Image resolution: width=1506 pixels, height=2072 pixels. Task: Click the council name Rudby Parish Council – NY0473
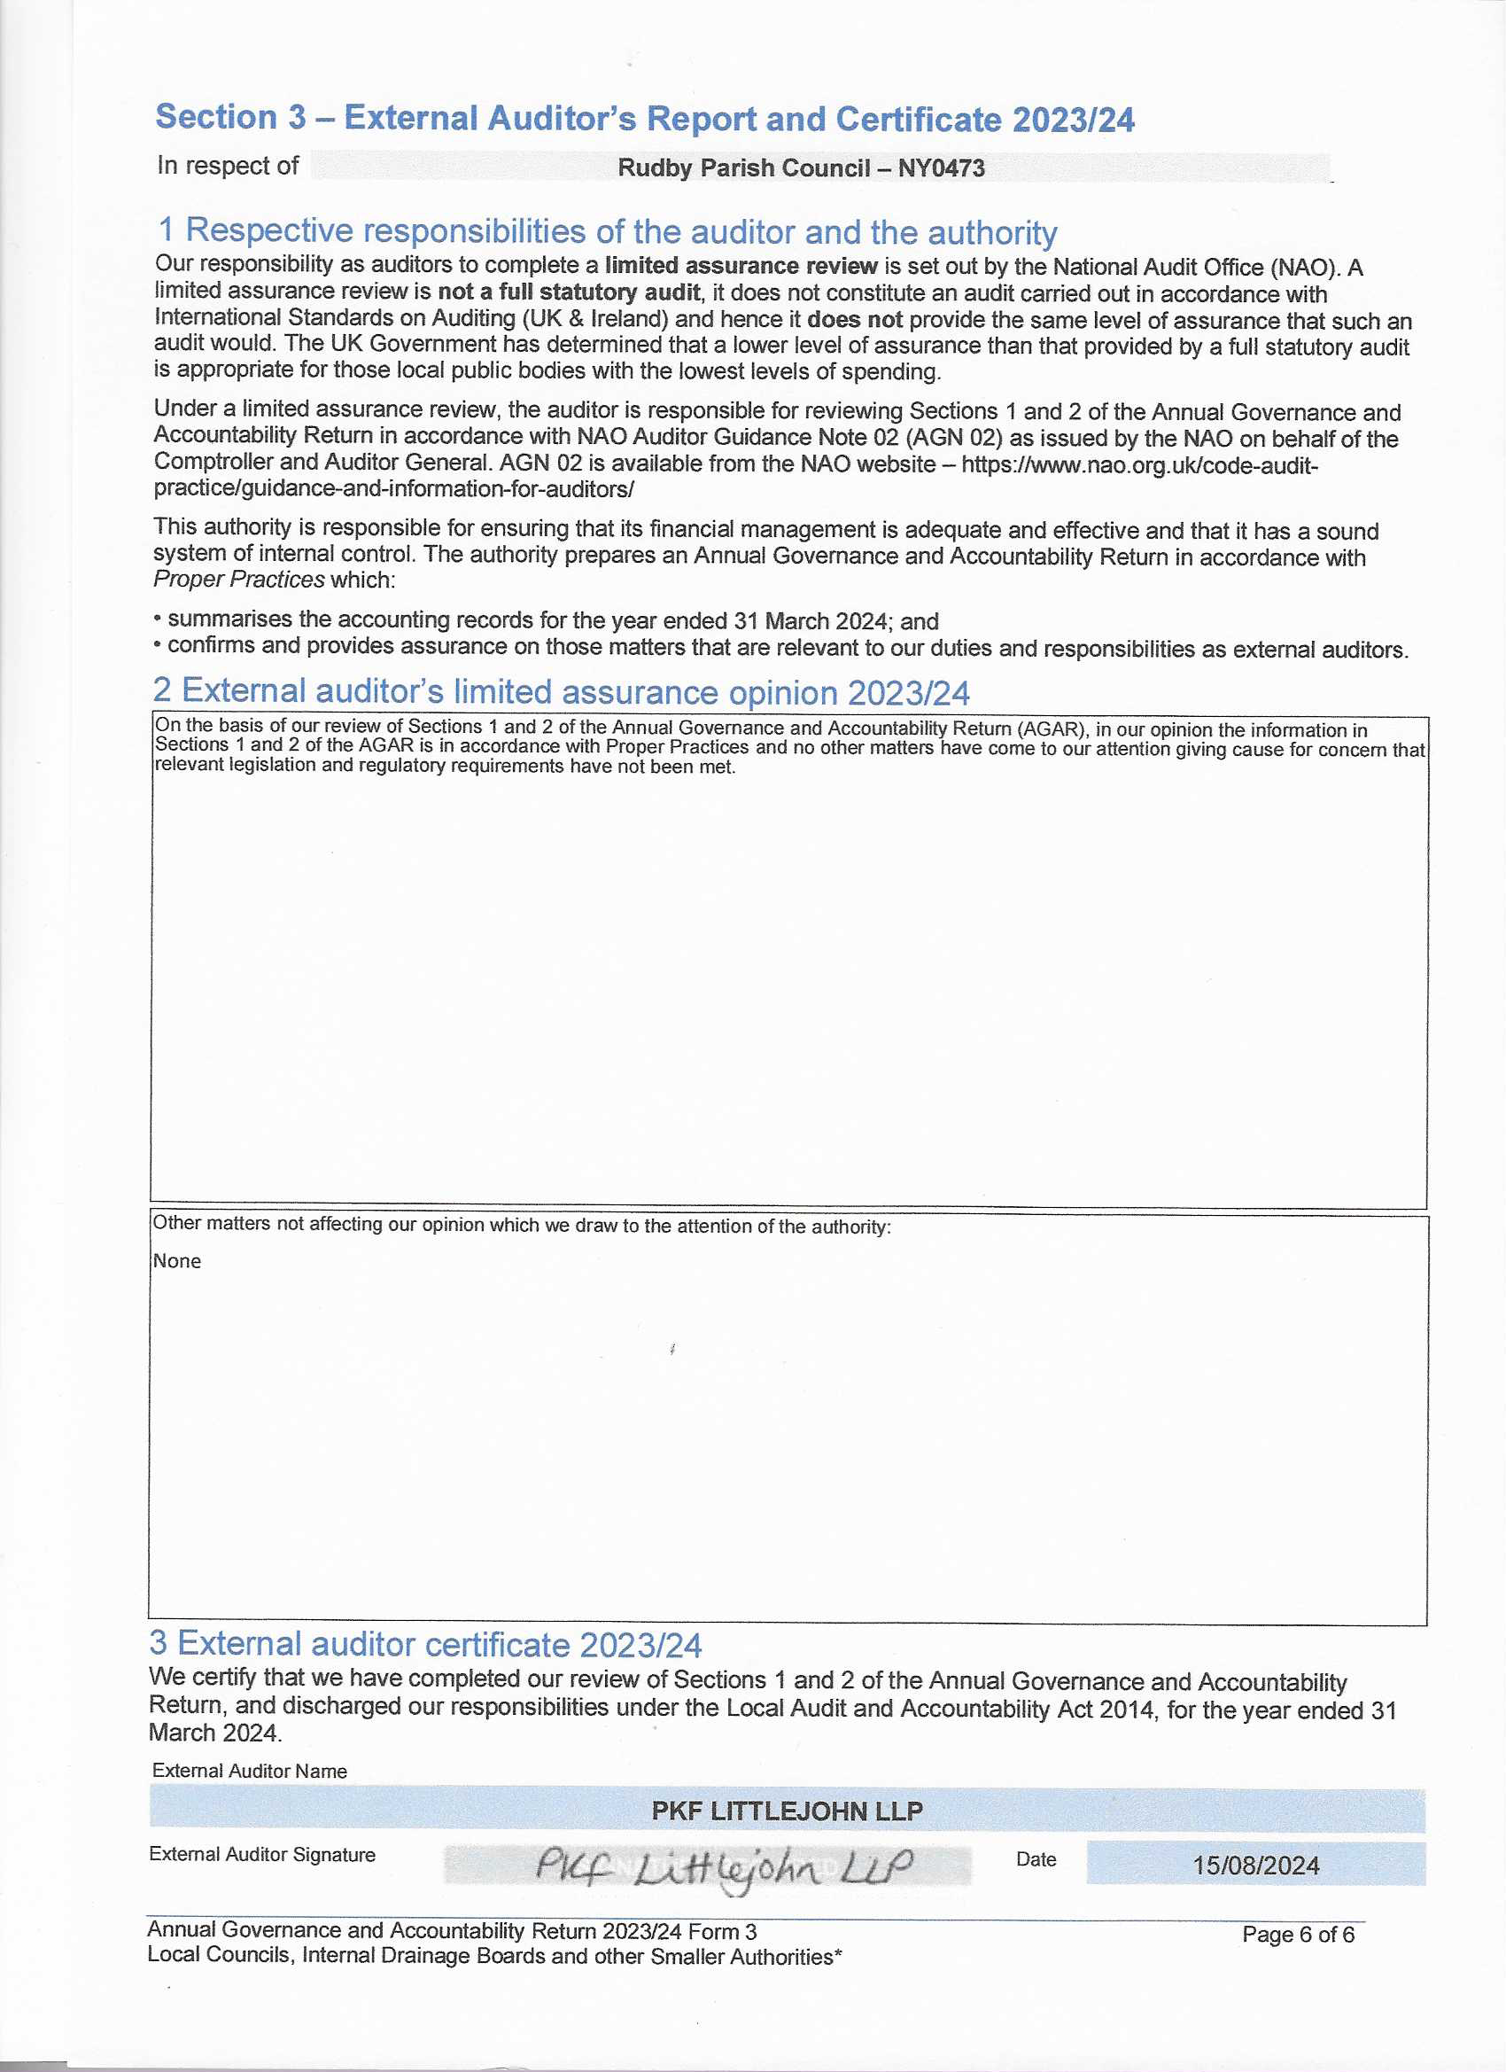[800, 168]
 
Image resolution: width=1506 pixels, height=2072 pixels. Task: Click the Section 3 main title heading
[644, 119]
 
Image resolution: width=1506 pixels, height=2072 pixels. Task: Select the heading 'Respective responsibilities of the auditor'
[608, 232]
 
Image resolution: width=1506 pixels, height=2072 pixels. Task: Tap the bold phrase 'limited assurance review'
[741, 267]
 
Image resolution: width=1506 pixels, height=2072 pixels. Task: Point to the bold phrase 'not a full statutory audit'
[568, 292]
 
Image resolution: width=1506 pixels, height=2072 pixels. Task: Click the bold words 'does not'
[854, 320]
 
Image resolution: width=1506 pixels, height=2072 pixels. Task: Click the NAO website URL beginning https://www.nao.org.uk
[1139, 465]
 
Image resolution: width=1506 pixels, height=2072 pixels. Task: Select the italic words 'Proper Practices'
[238, 580]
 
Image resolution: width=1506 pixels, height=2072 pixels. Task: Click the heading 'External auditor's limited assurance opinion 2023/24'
[561, 691]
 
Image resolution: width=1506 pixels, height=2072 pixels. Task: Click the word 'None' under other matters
[176, 1261]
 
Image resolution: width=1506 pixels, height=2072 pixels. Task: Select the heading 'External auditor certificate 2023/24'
[425, 1644]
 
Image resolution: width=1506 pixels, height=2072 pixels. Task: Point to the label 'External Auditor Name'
[249, 1771]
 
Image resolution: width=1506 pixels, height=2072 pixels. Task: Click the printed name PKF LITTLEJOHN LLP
[787, 1811]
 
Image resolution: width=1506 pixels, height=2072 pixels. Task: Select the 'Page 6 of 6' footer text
[1297, 1934]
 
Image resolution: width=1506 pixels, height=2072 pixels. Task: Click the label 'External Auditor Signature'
[262, 1854]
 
